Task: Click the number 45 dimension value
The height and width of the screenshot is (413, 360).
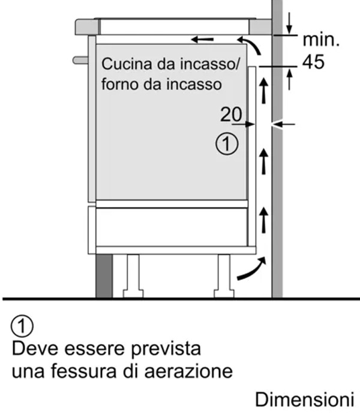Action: [x=313, y=62]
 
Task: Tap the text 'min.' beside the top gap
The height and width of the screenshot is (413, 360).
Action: [x=321, y=40]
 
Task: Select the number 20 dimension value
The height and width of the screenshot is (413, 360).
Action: [x=231, y=114]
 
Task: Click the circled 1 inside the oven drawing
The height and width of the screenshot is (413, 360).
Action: [x=227, y=144]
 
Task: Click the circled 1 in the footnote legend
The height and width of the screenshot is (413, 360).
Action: [x=22, y=326]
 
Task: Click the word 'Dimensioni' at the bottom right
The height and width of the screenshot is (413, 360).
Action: [x=304, y=399]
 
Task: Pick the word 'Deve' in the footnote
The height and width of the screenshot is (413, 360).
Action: [x=35, y=348]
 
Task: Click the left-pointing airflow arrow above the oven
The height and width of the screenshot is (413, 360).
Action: [x=202, y=40]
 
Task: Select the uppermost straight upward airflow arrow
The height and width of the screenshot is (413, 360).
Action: [x=263, y=91]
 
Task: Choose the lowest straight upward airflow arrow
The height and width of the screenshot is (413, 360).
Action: [x=263, y=220]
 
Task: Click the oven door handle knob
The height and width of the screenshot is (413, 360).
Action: [x=80, y=60]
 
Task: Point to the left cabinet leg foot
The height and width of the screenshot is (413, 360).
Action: [x=133, y=294]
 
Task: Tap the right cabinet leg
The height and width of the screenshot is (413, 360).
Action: [x=224, y=276]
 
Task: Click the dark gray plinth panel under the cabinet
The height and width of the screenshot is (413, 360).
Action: [x=104, y=276]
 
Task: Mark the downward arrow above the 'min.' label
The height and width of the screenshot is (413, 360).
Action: [x=289, y=23]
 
